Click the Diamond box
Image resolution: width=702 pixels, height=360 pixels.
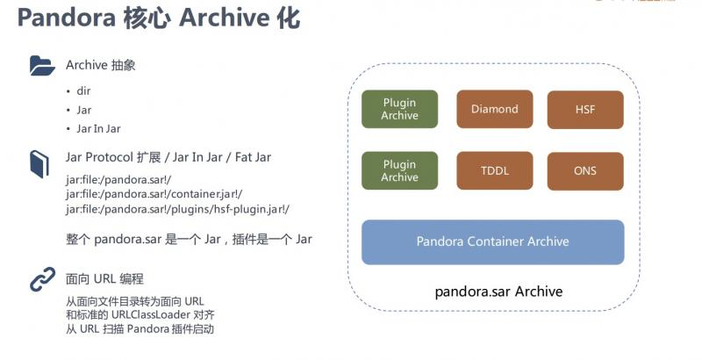(x=494, y=110)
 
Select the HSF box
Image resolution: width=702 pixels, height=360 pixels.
(x=585, y=110)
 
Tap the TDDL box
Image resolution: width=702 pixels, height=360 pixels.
(x=494, y=171)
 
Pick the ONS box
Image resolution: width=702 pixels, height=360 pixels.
(x=585, y=171)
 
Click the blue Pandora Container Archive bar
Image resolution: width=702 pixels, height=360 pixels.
(x=492, y=241)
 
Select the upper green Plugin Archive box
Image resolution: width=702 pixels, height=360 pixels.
(x=399, y=110)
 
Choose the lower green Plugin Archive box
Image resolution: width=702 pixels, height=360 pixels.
(x=399, y=171)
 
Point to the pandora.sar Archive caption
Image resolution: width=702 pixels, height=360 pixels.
(x=498, y=292)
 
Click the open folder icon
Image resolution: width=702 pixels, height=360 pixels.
(x=42, y=65)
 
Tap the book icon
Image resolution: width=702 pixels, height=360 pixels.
(x=40, y=163)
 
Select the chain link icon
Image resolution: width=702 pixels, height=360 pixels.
(x=42, y=280)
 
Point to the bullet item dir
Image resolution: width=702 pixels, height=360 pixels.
(x=83, y=90)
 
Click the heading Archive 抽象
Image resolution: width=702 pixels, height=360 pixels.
(x=100, y=66)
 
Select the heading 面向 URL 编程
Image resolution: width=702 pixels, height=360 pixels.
(x=104, y=279)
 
